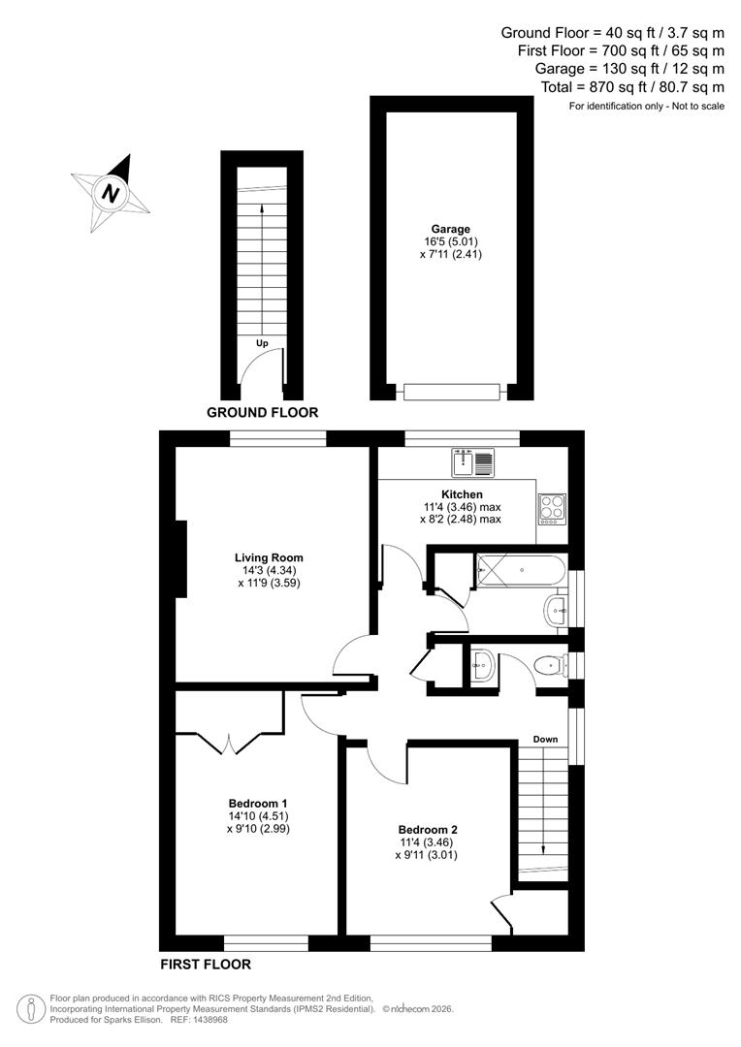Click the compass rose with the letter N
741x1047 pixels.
pyautogui.click(x=112, y=192)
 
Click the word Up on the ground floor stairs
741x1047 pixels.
pyautogui.click(x=262, y=343)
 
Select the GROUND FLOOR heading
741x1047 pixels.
pyautogui.click(x=263, y=412)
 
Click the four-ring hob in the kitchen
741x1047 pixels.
pyautogui.click(x=552, y=508)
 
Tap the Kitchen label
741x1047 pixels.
pyautogui.click(x=461, y=494)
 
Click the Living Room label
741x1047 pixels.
pyautogui.click(x=269, y=557)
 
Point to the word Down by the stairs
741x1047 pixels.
pyautogui.click(x=545, y=740)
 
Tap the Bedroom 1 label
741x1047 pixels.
pyautogui.click(x=258, y=803)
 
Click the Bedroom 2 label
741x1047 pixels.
pyautogui.click(x=428, y=829)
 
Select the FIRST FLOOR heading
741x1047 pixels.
pyautogui.click(x=205, y=965)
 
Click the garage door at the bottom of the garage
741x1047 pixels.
pyautogui.click(x=451, y=392)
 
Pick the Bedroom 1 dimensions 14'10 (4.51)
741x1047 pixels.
pyautogui.click(x=258, y=816)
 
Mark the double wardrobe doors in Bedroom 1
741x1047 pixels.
pyautogui.click(x=229, y=743)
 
